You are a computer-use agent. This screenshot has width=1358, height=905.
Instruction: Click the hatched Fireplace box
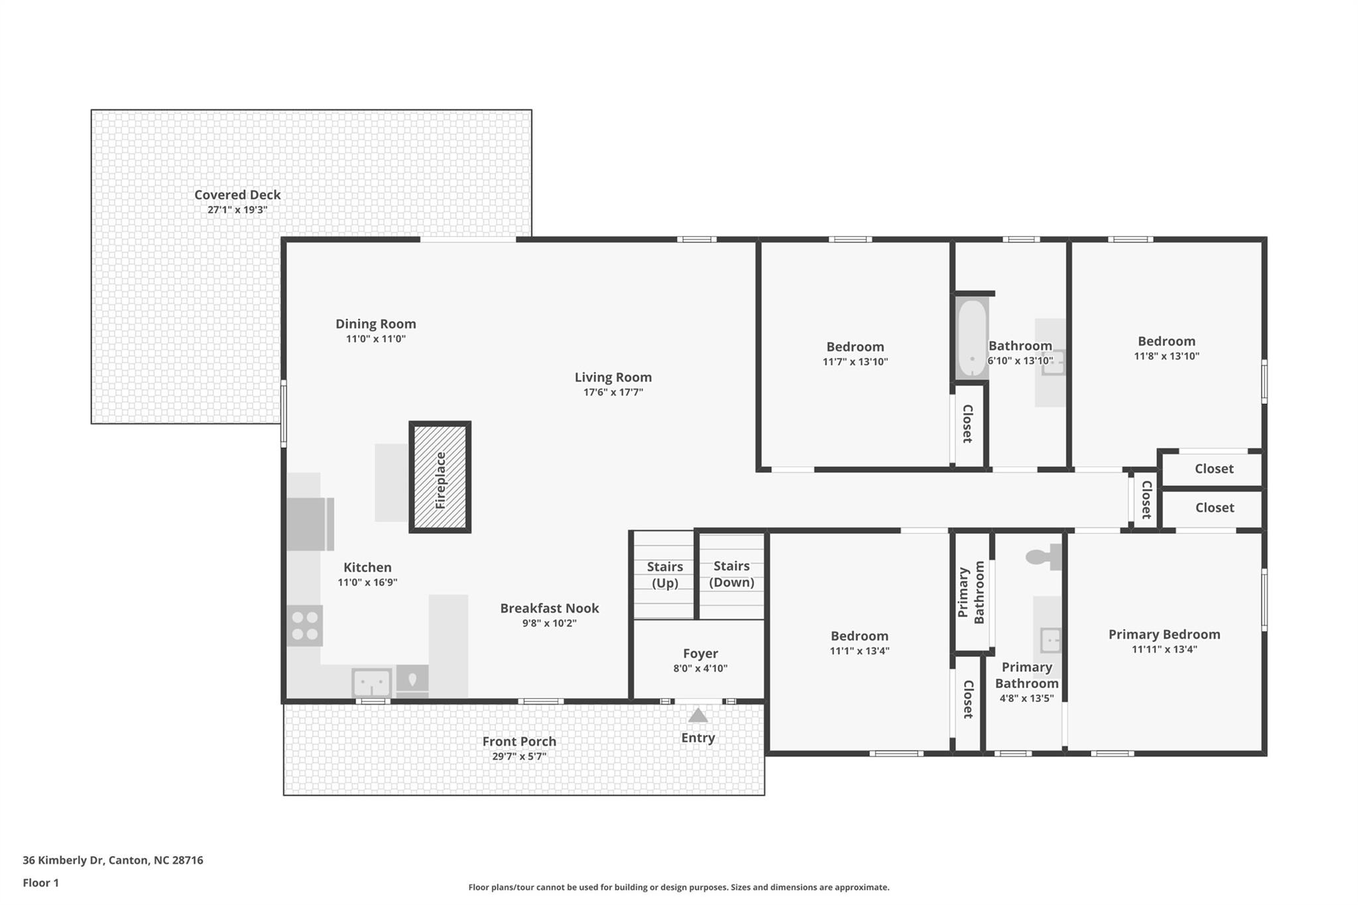(440, 477)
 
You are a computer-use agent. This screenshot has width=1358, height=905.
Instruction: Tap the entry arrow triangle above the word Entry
(698, 715)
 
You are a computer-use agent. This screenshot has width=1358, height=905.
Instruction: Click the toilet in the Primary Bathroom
(1041, 557)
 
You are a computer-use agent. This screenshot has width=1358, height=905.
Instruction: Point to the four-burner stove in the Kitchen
(305, 625)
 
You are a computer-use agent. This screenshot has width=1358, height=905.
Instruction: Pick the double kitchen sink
(371, 682)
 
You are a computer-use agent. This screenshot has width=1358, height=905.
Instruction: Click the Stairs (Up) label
(664, 574)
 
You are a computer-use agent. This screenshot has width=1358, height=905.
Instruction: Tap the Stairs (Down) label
(731, 573)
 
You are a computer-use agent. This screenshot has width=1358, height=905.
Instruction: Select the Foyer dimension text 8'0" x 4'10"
(700, 668)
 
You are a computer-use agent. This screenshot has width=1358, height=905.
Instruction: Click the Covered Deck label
(237, 195)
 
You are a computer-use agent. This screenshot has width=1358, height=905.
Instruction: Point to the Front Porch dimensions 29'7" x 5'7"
(519, 756)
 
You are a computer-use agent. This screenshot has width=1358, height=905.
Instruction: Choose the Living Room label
(613, 377)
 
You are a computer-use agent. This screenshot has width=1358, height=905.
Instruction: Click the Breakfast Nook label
(549, 608)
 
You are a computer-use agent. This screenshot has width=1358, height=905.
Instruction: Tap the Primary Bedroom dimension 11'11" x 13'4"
(1164, 649)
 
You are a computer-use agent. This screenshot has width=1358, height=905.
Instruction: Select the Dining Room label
(375, 324)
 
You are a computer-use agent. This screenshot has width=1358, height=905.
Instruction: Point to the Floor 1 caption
(40, 882)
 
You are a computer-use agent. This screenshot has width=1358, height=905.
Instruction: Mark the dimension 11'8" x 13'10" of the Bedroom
(1166, 356)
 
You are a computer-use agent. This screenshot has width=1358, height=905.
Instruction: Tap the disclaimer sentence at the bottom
(678, 887)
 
